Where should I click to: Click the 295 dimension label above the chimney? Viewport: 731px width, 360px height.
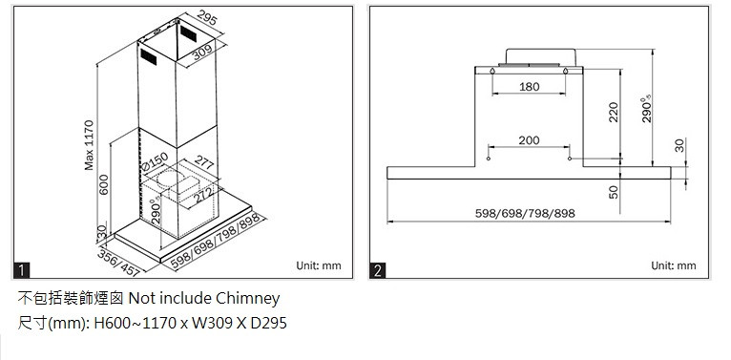coord(207,18)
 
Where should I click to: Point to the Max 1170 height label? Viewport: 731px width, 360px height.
coord(89,145)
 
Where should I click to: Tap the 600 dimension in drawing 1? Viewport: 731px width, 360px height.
coord(103,184)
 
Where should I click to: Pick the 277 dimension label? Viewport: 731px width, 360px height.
coord(203,161)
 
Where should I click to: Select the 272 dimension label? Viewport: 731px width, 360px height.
coord(202,195)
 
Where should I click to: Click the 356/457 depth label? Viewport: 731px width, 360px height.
coord(118,263)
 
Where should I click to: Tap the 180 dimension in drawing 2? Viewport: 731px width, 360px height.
coord(529,86)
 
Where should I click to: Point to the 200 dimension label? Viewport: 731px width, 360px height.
coord(529,140)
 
